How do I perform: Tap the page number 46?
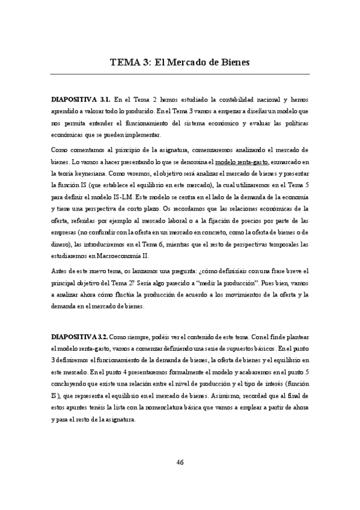click(180, 462)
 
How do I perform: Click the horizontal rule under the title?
click(180, 74)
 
